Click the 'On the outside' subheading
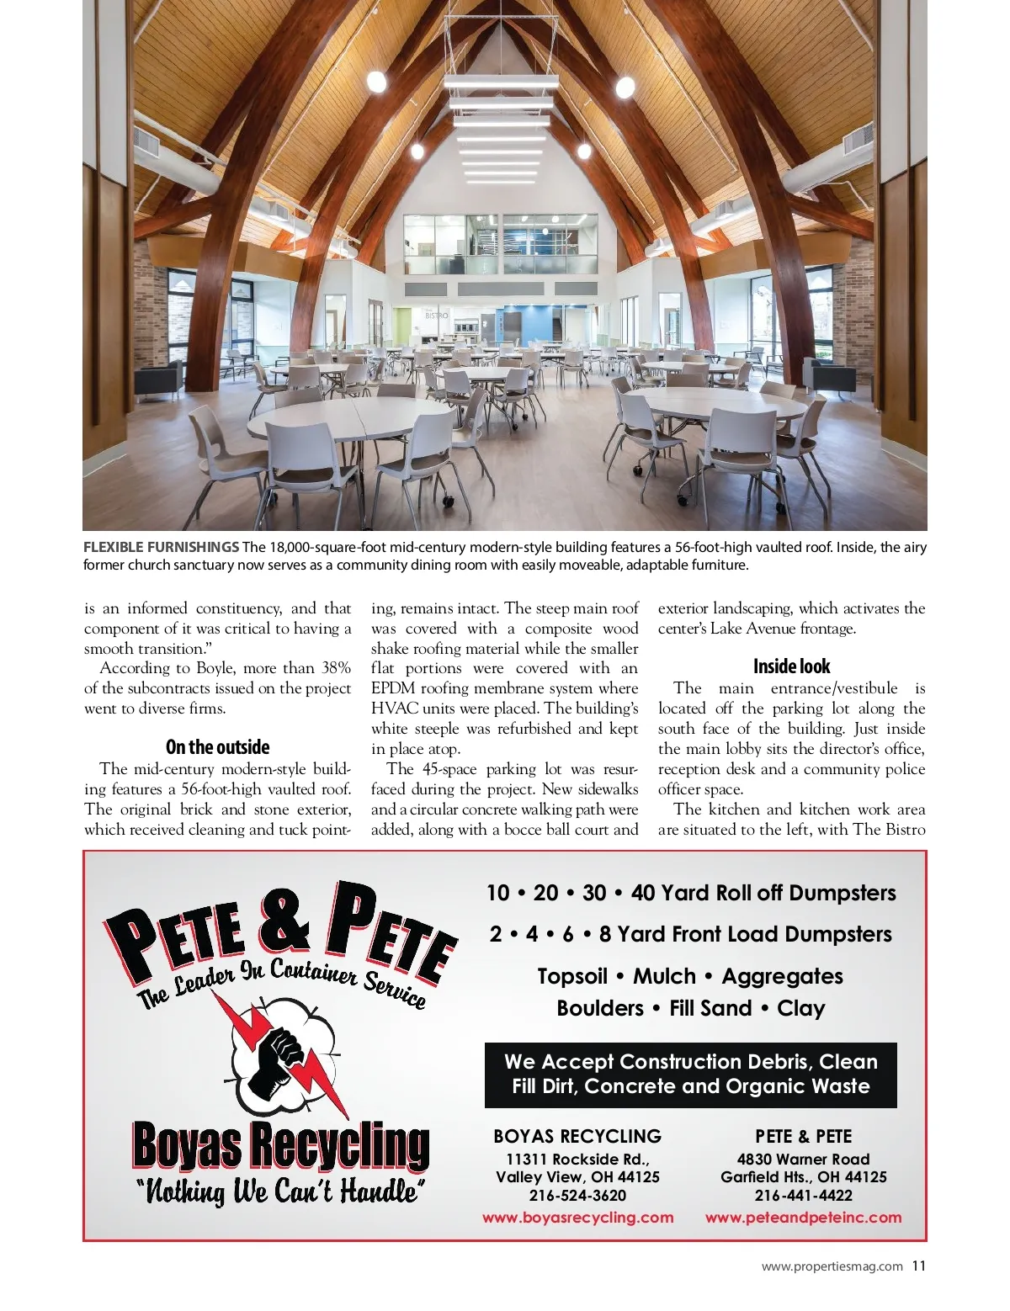217,747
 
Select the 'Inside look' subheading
791,666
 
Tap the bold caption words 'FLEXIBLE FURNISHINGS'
161,547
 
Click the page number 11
918,1266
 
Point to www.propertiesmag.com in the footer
832,1266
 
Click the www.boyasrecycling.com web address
577,1217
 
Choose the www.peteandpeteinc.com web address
803,1217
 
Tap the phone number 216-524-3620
577,1195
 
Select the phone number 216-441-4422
803,1195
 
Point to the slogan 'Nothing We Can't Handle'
280,1192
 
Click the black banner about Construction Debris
690,1075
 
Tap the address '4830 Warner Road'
803,1159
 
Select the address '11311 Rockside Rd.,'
577,1159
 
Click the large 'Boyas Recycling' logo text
280,1145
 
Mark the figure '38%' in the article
336,668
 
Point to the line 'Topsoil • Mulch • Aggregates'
690,976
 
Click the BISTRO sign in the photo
437,316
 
